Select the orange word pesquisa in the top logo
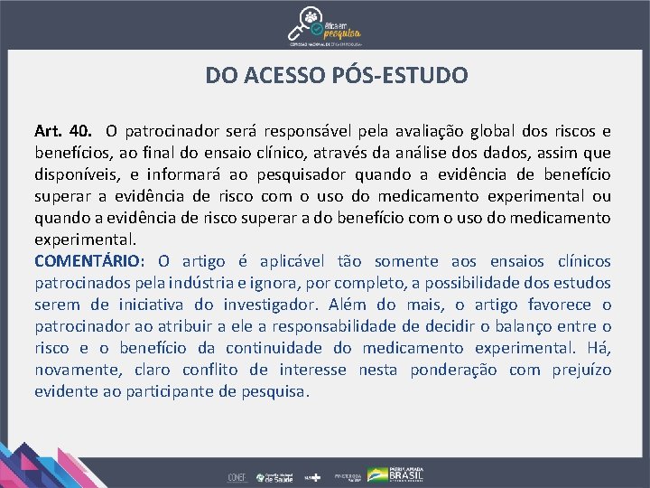[341, 27]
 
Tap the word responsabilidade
[325, 326]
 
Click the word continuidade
[282, 348]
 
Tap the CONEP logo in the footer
[237, 476]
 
